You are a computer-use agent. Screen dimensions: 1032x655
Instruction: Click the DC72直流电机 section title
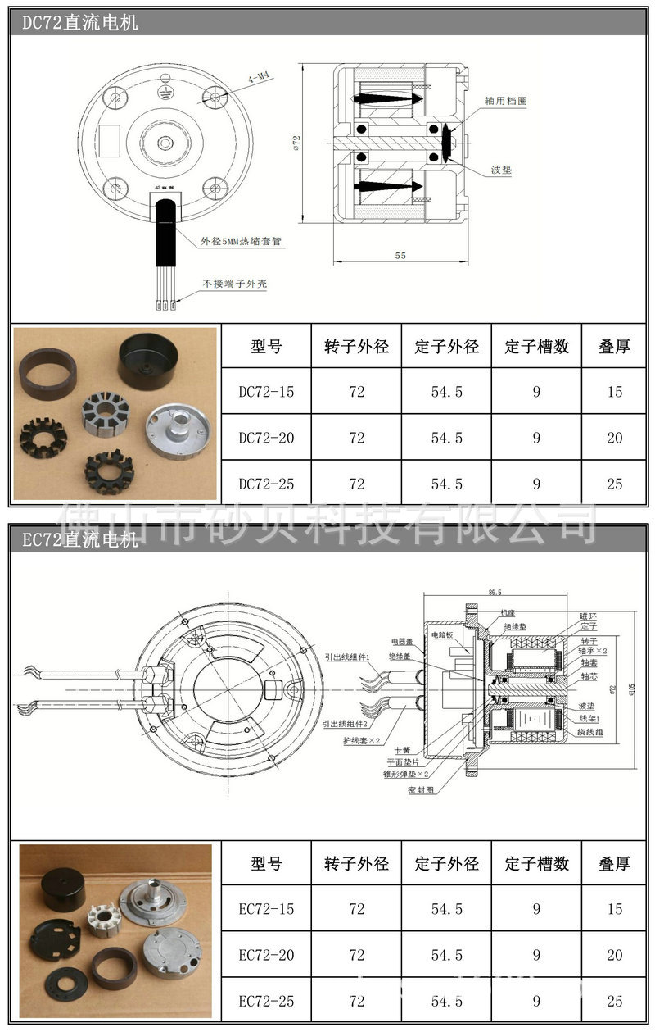point(80,23)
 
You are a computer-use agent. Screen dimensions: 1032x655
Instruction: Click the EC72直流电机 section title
point(80,540)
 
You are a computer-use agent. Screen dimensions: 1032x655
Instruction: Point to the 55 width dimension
point(400,256)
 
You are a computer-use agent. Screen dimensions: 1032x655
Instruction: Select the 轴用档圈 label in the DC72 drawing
point(505,100)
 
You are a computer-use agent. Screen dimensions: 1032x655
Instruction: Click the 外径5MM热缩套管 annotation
point(242,242)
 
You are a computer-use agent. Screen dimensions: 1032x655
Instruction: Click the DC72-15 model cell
point(266,392)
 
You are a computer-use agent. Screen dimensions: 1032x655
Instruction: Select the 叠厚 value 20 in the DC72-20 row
point(614,438)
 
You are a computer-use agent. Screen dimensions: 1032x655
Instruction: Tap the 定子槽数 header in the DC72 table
point(536,346)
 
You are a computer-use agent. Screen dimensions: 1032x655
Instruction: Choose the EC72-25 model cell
point(266,1001)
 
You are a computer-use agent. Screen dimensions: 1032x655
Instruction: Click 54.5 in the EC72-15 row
point(446,909)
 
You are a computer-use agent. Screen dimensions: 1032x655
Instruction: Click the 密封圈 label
point(420,790)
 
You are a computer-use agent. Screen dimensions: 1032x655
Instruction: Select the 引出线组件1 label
point(347,657)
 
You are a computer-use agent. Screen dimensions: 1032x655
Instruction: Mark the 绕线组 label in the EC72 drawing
point(591,732)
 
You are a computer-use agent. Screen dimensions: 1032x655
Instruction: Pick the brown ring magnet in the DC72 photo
point(47,371)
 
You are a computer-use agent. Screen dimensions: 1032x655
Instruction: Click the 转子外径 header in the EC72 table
point(356,863)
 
